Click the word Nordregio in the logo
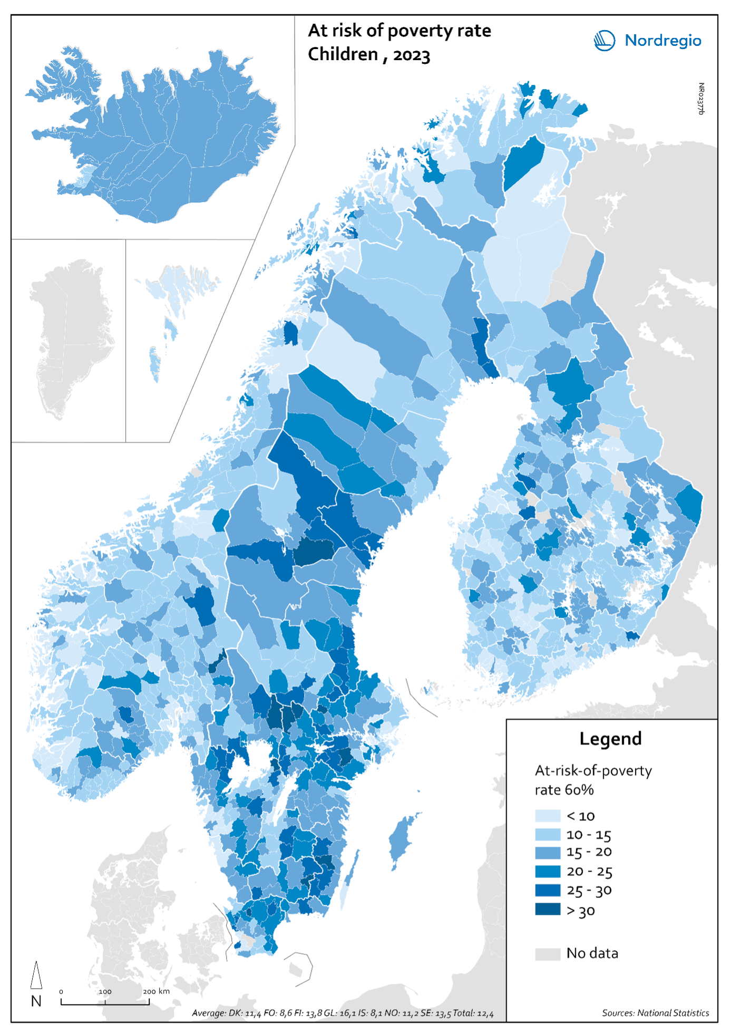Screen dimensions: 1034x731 [x=662, y=41]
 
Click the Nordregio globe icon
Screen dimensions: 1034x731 [x=605, y=41]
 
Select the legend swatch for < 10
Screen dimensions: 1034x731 [x=547, y=816]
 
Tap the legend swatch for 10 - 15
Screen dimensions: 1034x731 [x=547, y=834]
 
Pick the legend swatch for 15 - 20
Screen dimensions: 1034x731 [x=547, y=852]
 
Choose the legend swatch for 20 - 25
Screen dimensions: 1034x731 [x=547, y=871]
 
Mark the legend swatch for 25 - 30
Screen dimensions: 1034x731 [x=547, y=890]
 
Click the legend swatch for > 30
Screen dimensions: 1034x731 [x=547, y=910]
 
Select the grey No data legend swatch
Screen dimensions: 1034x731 [x=547, y=954]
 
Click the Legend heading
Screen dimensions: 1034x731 [x=610, y=739]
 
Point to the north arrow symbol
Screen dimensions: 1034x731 [x=36, y=975]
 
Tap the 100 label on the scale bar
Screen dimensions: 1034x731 [x=105, y=991]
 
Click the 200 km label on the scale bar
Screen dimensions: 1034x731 [x=157, y=991]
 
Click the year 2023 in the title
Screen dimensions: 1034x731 [x=411, y=55]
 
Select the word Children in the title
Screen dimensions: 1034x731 [x=343, y=54]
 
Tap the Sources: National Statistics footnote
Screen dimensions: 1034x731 [x=655, y=1013]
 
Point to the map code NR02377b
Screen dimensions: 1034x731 [x=700, y=99]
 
